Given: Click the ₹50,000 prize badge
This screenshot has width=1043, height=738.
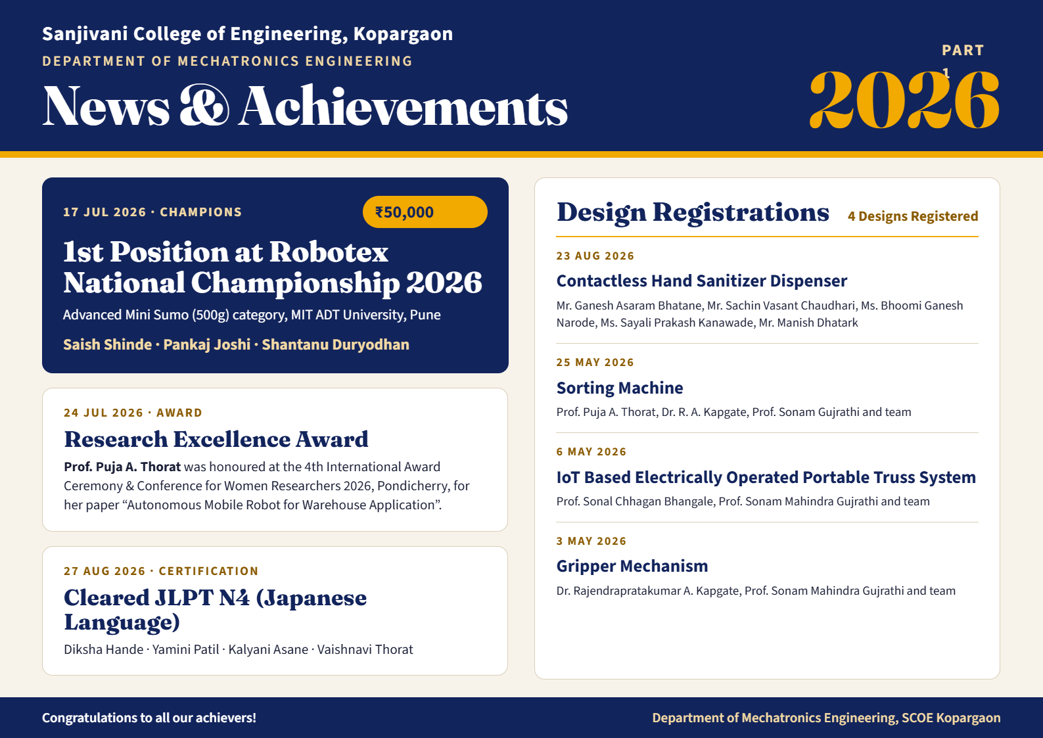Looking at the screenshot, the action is pos(425,212).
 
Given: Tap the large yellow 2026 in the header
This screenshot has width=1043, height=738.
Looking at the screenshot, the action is pos(904,100).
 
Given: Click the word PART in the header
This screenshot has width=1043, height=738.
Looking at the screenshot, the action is pos(963,51).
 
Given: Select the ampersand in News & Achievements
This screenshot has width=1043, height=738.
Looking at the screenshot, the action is pos(204,105).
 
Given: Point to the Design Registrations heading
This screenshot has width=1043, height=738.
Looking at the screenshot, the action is pos(693,212).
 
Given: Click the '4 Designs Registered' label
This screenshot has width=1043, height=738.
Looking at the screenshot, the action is pos(913,216).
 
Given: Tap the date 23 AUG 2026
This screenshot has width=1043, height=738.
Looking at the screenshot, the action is pos(595,256).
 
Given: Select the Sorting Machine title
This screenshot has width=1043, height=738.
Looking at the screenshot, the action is pos(620,388).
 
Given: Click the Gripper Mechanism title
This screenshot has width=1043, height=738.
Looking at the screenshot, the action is pos(632,566).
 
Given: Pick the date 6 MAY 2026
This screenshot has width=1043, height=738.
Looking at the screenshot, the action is pos(591,451).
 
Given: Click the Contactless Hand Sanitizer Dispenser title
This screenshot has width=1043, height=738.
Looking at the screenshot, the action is pos(702,281).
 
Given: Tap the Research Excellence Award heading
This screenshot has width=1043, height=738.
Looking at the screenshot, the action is pos(216,439).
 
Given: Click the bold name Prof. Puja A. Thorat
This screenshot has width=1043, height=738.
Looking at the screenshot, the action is pos(122,467).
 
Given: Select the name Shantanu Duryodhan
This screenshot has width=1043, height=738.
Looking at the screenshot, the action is pos(335,344).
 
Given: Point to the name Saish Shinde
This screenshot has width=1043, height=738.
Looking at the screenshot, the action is pos(108,344).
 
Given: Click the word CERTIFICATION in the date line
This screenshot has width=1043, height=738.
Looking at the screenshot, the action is pos(208,571).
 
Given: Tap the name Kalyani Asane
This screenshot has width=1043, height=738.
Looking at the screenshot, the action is pos(268,649).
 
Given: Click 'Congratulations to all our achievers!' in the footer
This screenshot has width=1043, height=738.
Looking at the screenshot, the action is pos(149,718).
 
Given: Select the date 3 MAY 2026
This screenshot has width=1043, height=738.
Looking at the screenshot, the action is pos(591,541).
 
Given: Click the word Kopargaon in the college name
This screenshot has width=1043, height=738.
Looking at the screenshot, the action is pos(403,34).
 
